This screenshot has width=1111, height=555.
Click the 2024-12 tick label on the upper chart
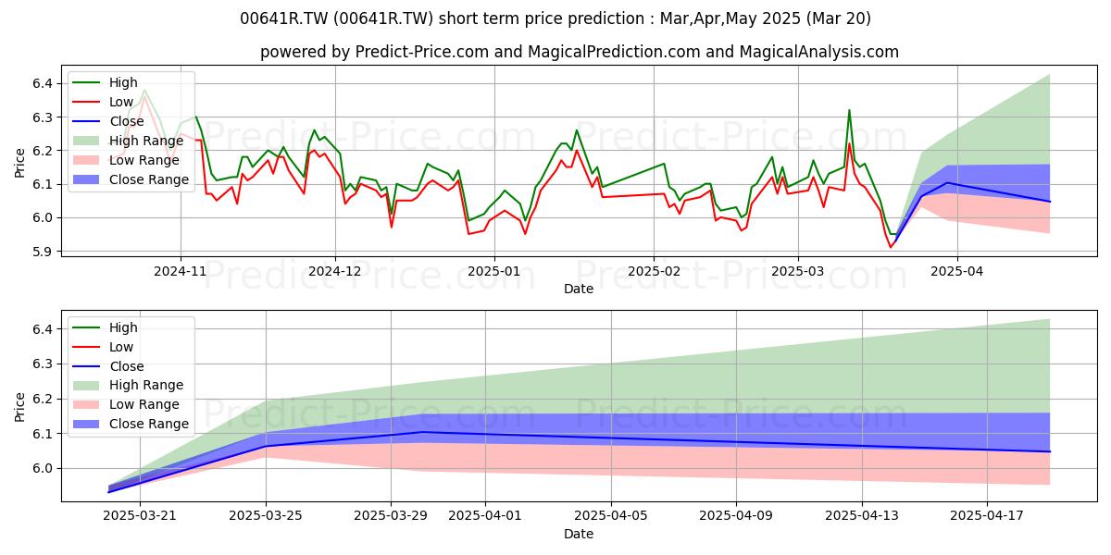tap(335, 271)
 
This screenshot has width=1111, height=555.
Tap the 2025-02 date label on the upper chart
tap(654, 271)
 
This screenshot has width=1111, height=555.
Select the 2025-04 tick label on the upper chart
tap(957, 271)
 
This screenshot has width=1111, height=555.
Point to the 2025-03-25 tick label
tap(266, 516)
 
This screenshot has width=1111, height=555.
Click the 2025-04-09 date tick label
tap(736, 516)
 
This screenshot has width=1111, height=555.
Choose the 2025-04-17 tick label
tap(987, 516)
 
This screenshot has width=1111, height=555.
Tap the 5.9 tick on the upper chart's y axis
tap(43, 252)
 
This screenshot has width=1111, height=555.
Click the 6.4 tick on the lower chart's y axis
tap(43, 329)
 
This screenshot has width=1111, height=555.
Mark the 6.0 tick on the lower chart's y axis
tap(43, 469)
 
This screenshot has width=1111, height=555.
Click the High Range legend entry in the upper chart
tap(129, 141)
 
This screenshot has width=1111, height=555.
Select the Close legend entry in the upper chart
tap(108, 121)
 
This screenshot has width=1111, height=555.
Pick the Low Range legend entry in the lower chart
tap(127, 404)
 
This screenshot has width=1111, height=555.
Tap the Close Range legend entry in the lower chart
tap(131, 424)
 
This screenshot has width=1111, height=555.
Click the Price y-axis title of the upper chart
tap(19, 163)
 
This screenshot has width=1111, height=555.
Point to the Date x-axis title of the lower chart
tap(579, 534)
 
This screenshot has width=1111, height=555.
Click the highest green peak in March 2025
tap(849, 110)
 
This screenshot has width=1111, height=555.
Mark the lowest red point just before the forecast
tap(891, 247)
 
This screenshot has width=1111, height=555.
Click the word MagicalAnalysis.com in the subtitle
tap(818, 52)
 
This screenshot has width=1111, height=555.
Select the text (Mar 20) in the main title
tap(838, 18)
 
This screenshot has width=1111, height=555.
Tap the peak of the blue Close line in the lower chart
tap(422, 432)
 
